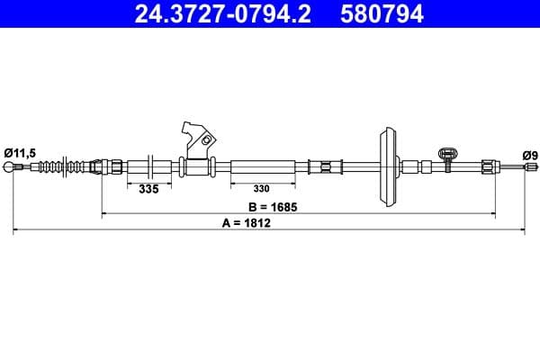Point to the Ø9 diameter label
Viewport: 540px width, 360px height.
tap(531, 155)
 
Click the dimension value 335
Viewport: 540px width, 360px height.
tap(149, 189)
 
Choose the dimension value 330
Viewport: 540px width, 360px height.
tap(261, 189)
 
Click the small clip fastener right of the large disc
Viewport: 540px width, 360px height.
tap(445, 157)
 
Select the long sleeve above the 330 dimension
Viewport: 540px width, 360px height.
tap(263, 166)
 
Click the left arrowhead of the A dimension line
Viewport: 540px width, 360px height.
tap(15, 231)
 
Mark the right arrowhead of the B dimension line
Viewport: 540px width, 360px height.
tap(492, 214)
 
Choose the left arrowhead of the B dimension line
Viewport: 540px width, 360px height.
tap(104, 214)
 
